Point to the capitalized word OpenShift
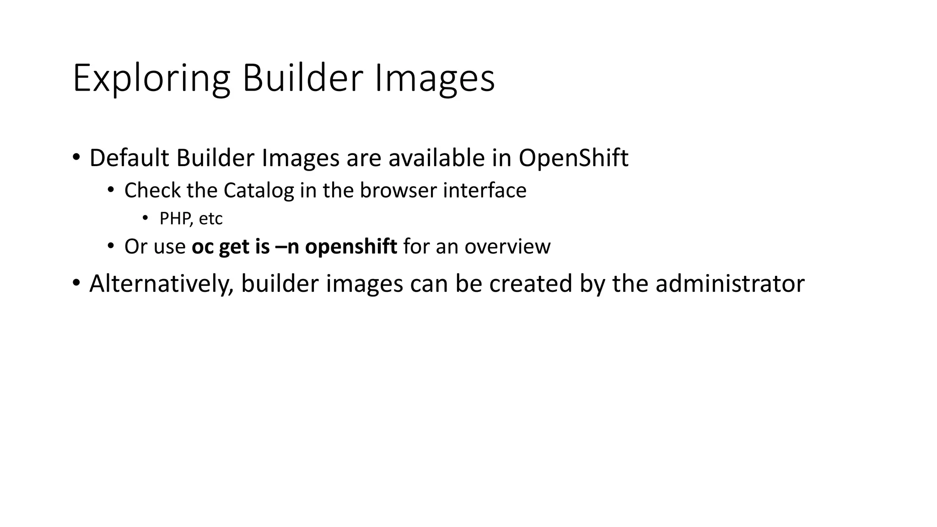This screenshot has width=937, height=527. click(x=573, y=158)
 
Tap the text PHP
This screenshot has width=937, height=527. click(x=174, y=219)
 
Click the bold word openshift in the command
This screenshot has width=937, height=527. click(x=351, y=247)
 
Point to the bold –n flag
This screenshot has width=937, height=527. click(x=287, y=247)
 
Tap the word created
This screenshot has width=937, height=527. click(x=531, y=284)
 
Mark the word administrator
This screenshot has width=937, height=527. click(x=730, y=284)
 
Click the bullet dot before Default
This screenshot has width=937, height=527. click(x=76, y=157)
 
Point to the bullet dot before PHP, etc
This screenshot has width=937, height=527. click(x=145, y=218)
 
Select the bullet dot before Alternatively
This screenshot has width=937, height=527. click(x=76, y=283)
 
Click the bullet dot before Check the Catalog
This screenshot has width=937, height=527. click(x=111, y=190)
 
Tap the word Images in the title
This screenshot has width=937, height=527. click(x=435, y=79)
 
